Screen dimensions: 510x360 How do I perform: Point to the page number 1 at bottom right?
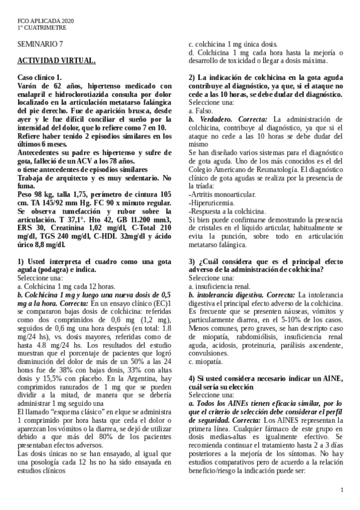pos(341,491)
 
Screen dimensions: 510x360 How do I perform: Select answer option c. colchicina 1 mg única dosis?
pos(233,44)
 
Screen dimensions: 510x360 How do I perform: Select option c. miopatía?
pos(206,361)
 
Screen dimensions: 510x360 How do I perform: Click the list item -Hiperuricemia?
pos(211,203)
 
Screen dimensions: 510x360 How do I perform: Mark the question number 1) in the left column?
pos(21,262)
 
